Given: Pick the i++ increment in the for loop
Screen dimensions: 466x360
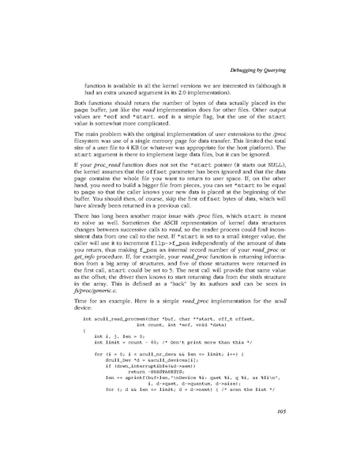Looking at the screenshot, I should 250,377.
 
